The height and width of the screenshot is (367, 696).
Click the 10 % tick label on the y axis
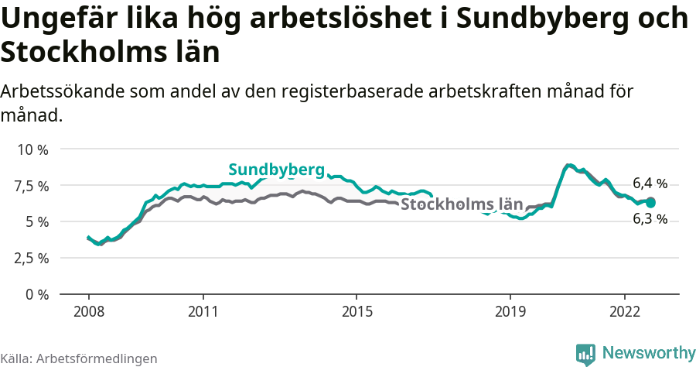click(x=32, y=149)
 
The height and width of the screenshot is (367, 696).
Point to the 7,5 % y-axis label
click(x=32, y=185)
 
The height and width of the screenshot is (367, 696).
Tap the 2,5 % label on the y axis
click(x=32, y=258)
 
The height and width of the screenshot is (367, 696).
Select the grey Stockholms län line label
click(x=462, y=204)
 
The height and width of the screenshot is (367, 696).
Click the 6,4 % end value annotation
click(x=650, y=183)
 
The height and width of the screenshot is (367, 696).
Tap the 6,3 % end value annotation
click(x=650, y=219)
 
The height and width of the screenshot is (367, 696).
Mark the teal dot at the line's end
click(x=650, y=202)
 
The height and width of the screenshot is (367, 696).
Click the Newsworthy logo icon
click(x=585, y=354)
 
